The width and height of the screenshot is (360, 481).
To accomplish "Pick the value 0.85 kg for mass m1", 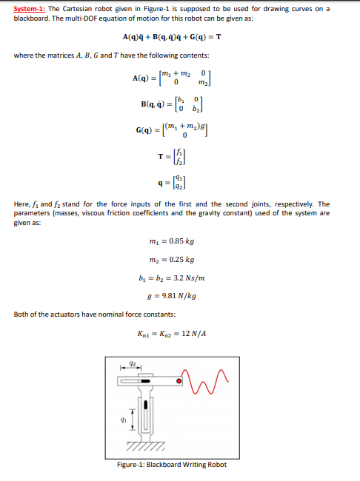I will (183, 241).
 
